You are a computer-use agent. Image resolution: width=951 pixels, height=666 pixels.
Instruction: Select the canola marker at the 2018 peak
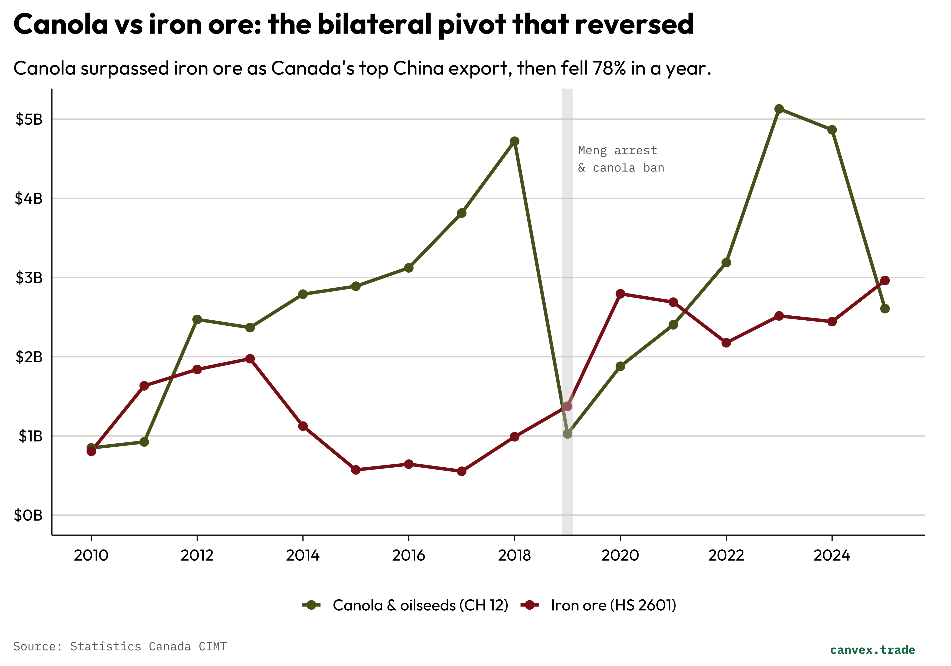click(x=514, y=141)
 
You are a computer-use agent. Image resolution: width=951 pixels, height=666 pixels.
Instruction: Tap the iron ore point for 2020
click(x=620, y=294)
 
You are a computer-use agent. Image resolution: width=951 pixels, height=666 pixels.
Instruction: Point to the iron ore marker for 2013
click(x=250, y=358)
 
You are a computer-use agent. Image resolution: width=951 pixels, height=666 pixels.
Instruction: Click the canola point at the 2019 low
click(x=568, y=434)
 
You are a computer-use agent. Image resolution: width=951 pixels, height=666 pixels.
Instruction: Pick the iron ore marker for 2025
click(x=885, y=281)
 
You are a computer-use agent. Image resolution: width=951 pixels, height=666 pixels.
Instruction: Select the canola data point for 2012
click(x=197, y=319)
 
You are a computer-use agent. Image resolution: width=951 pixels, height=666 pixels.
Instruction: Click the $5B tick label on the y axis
click(x=29, y=119)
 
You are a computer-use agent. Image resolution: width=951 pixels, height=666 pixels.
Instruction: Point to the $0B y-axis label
click(x=28, y=515)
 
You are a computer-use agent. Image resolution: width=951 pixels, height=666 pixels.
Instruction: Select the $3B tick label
click(x=29, y=278)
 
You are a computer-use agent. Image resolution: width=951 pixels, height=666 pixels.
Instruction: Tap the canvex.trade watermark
click(x=872, y=649)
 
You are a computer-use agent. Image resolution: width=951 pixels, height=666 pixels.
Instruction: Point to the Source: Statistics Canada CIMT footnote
click(x=120, y=646)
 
